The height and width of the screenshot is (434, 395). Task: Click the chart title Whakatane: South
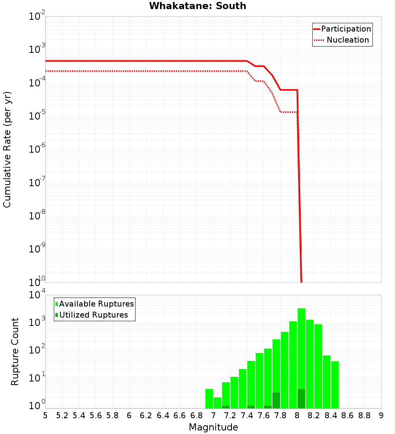(197, 6)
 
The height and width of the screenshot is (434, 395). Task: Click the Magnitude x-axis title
(213, 427)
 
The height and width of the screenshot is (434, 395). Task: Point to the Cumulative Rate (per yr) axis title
(7, 149)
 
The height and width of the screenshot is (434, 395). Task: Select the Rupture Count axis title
(15, 352)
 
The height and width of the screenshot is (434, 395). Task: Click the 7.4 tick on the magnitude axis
(247, 415)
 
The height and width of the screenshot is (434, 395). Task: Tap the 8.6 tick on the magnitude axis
(348, 415)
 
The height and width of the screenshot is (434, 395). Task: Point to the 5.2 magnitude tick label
(62, 415)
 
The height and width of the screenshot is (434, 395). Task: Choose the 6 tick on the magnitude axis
(129, 415)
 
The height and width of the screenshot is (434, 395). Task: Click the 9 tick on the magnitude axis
(381, 415)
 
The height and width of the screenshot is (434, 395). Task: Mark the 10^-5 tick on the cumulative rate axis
(38, 116)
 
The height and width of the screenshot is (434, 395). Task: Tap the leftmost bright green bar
(209, 398)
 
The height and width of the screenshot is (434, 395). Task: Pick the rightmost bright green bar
(335, 385)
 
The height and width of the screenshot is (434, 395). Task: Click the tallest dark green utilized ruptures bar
(301, 399)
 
